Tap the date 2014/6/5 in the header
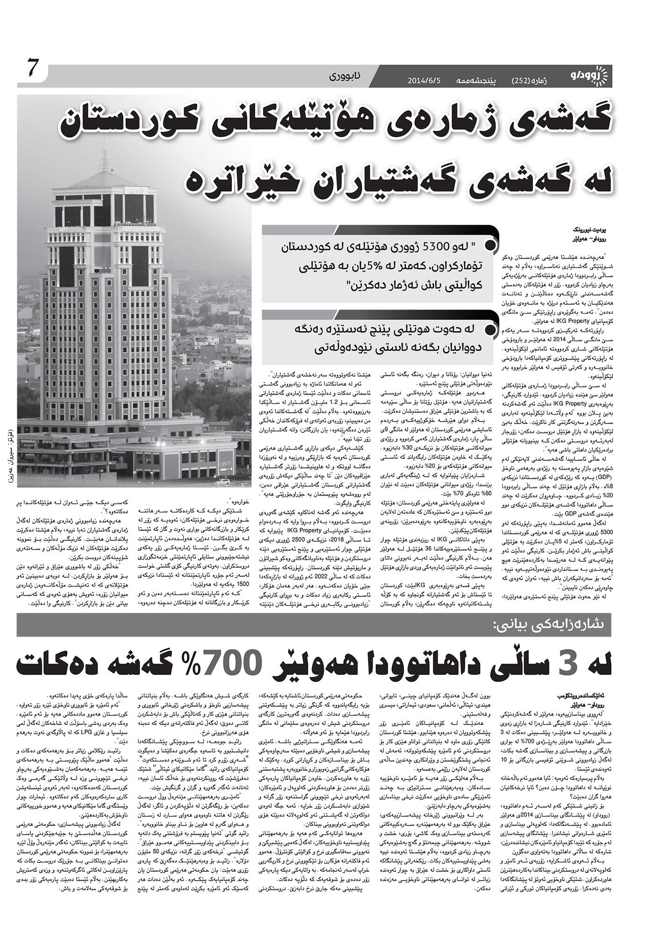point(424,80)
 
